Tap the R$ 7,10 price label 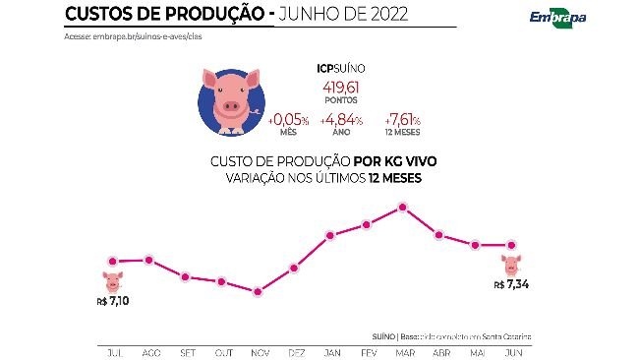[113, 300]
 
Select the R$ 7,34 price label [511, 284]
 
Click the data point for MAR [402, 208]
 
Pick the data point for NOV [258, 292]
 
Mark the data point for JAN [330, 236]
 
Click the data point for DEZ [294, 269]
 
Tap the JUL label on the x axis [113, 351]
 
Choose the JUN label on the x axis [511, 351]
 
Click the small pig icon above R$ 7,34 [511, 264]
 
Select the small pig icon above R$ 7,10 [113, 280]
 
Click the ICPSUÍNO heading [338, 69]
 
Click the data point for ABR [438, 235]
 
